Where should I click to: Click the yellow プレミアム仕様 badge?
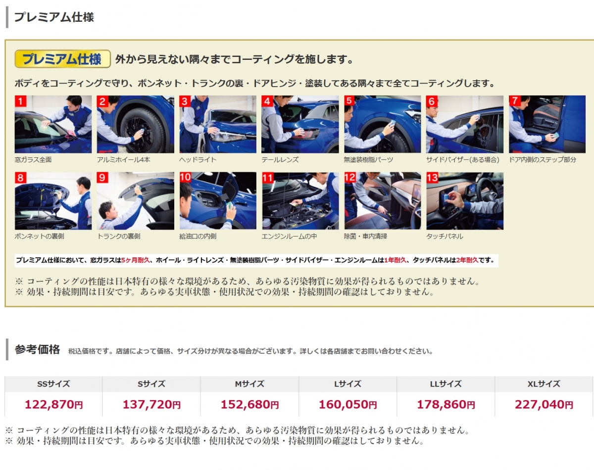(x=63, y=59)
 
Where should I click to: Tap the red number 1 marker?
(x=20, y=101)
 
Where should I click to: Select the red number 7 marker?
(x=515, y=101)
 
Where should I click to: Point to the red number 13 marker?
(x=432, y=178)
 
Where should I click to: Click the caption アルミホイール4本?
(x=123, y=159)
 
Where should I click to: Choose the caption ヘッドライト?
(x=198, y=159)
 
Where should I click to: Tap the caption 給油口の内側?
(x=198, y=236)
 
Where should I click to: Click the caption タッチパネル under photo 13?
(x=445, y=236)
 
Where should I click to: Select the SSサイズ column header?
(x=53, y=384)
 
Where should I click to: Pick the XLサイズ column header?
(x=544, y=384)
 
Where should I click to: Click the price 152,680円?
(x=249, y=405)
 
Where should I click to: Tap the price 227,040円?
(x=544, y=405)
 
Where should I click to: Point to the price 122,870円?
(x=53, y=405)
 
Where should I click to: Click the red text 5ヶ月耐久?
(x=135, y=260)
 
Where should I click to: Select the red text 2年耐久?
(x=467, y=260)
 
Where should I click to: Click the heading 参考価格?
(x=37, y=349)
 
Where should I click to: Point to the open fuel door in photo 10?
(x=230, y=190)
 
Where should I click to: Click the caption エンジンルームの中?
(x=289, y=236)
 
